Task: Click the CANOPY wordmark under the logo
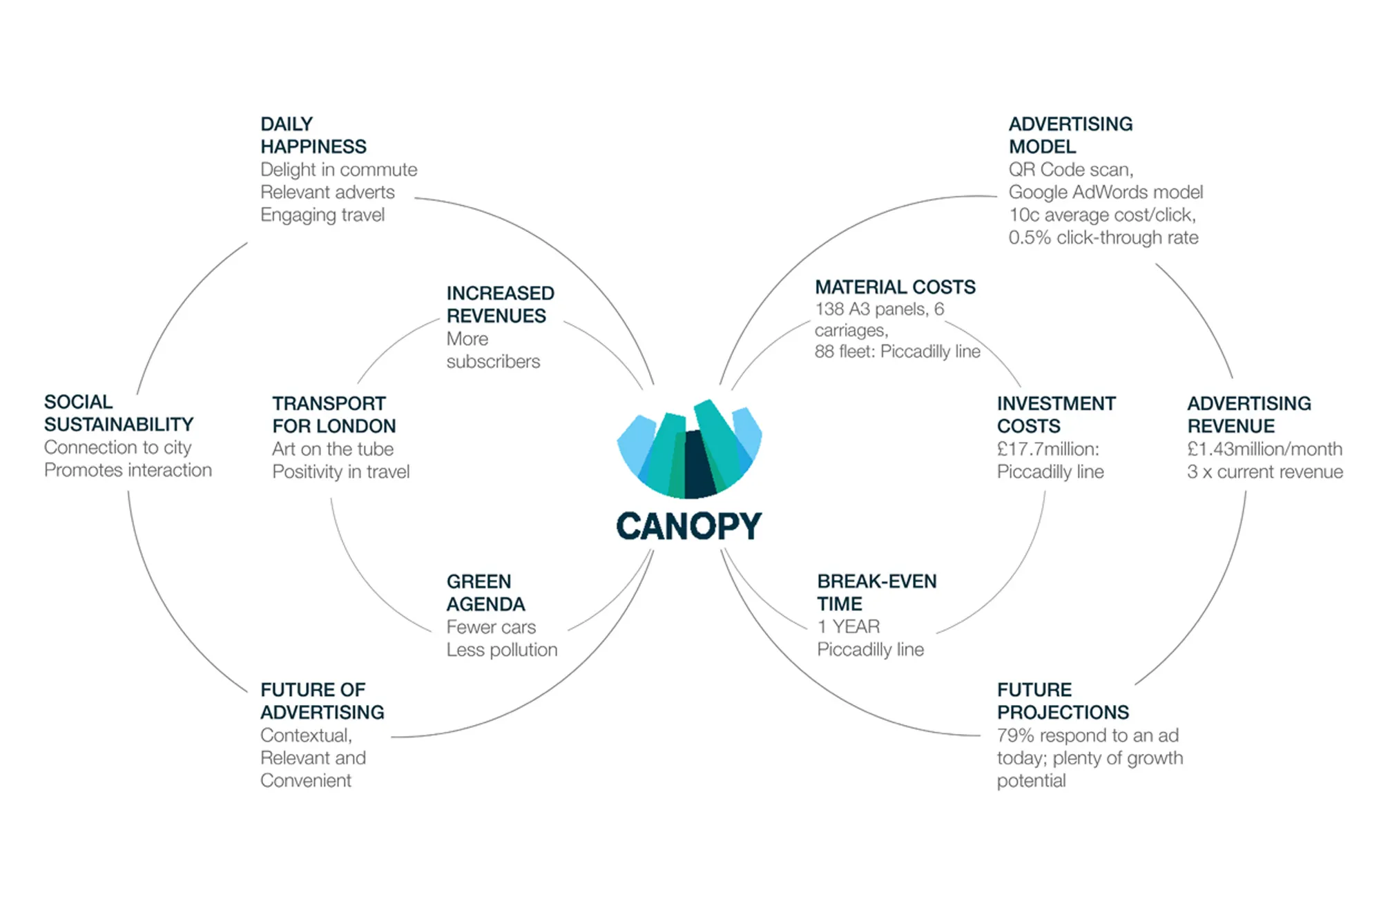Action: click(x=688, y=526)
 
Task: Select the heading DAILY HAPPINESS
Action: click(x=313, y=135)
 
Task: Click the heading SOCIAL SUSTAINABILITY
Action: click(x=118, y=413)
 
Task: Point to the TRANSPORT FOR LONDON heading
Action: click(x=334, y=414)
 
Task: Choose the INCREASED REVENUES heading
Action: click(x=500, y=305)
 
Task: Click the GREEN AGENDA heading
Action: click(x=485, y=592)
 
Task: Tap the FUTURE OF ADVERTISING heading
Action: click(x=322, y=701)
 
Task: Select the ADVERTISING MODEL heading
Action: click(x=1070, y=135)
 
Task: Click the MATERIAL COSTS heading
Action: click(x=895, y=287)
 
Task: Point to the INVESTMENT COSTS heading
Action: click(x=1056, y=414)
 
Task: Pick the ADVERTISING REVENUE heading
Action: click(x=1248, y=414)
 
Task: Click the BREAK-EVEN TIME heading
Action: click(x=876, y=592)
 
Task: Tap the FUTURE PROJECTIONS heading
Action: click(x=1063, y=701)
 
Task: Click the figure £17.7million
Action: click(x=1047, y=449)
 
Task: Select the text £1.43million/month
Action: click(x=1264, y=449)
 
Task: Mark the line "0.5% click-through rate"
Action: click(x=1103, y=238)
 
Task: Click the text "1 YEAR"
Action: click(x=849, y=626)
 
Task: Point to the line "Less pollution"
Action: click(x=501, y=650)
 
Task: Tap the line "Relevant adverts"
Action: click(x=327, y=192)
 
